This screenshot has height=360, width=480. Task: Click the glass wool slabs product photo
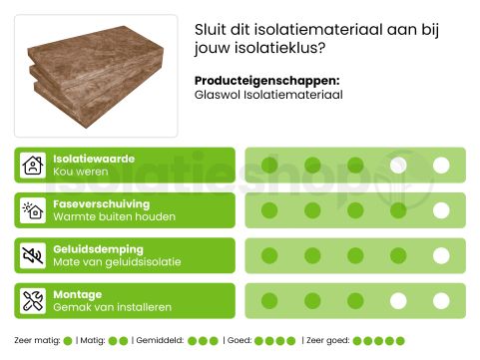pyautogui.click(x=96, y=75)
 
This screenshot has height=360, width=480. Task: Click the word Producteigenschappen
pyautogui.click(x=266, y=81)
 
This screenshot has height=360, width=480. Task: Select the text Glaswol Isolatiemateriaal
pyautogui.click(x=268, y=96)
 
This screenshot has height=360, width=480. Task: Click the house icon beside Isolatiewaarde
pyautogui.click(x=33, y=166)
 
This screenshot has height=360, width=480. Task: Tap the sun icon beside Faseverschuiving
pyautogui.click(x=33, y=210)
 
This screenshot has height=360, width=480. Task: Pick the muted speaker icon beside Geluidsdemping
pyautogui.click(x=33, y=255)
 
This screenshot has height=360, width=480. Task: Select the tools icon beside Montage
pyautogui.click(x=33, y=300)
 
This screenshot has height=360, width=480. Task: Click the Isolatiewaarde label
pyautogui.click(x=94, y=159)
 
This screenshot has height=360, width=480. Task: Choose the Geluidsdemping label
pyautogui.click(x=98, y=248)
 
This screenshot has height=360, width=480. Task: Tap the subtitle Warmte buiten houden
pyautogui.click(x=114, y=216)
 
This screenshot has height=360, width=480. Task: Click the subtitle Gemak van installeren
pyautogui.click(x=112, y=307)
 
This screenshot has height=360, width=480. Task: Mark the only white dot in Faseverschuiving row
pyautogui.click(x=441, y=210)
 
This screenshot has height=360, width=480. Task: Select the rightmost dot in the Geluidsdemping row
pyautogui.click(x=441, y=255)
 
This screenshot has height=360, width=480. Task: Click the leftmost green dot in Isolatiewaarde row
pyautogui.click(x=269, y=166)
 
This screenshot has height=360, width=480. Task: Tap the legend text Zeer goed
pyautogui.click(x=327, y=341)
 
